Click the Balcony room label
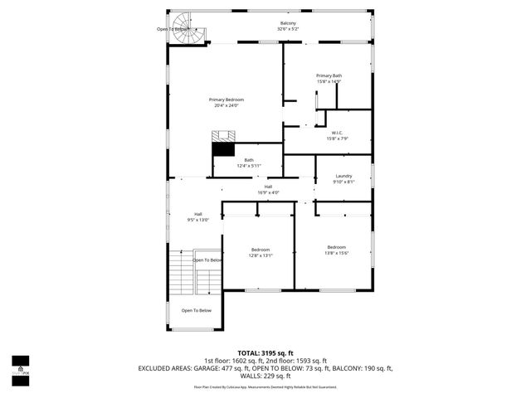click(288, 22)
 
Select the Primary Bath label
click(329, 75)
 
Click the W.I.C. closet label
click(337, 133)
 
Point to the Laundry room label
click(343, 176)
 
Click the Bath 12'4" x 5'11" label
click(249, 160)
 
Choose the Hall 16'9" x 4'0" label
click(268, 187)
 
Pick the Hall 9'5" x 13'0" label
click(198, 214)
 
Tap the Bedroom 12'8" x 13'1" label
click(261, 250)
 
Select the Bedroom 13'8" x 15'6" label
click(336, 247)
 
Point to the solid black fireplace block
click(222, 149)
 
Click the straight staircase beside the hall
click(181, 273)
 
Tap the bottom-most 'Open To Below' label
click(197, 310)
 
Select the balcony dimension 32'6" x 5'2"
click(288, 29)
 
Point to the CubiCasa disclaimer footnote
click(265, 386)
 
